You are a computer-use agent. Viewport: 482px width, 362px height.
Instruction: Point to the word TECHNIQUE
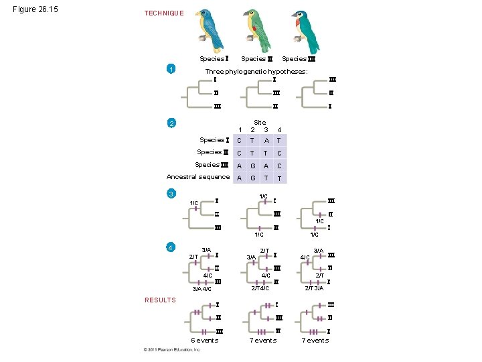[164, 13]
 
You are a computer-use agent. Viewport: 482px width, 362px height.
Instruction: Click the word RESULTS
[160, 300]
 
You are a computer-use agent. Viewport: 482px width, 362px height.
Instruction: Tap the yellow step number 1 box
[172, 69]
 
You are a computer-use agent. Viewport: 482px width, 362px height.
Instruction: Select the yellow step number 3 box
[172, 194]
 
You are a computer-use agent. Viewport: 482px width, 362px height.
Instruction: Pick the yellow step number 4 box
[172, 247]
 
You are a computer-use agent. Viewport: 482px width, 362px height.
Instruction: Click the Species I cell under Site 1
[239, 140]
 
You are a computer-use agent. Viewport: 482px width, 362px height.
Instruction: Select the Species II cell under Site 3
[266, 153]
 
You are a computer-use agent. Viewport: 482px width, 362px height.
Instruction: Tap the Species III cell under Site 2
[252, 165]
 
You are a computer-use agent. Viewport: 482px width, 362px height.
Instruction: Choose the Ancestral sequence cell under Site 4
[279, 178]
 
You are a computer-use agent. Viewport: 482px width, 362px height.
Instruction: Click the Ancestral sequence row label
[198, 177]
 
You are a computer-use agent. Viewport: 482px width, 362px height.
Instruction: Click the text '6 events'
[205, 341]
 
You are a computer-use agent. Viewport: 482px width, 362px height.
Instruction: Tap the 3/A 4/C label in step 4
[202, 290]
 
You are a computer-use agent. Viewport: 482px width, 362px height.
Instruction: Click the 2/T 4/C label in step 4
[260, 288]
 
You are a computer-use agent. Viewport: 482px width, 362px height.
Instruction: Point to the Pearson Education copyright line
[171, 350]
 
